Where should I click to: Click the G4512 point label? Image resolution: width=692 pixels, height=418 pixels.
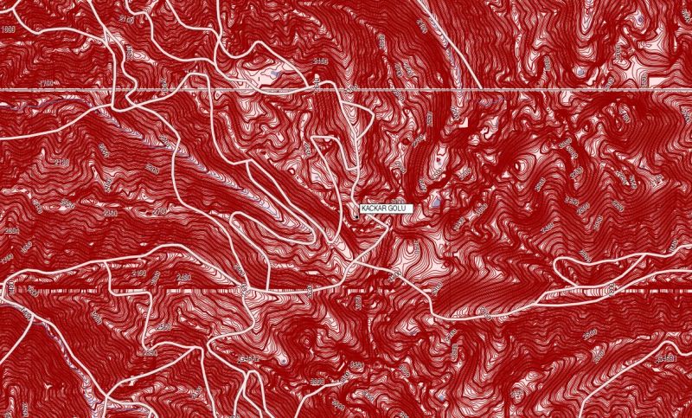point(249,357)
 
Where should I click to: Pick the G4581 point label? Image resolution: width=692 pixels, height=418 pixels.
point(666,357)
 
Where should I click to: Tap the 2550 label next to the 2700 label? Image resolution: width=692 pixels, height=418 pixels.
point(110,212)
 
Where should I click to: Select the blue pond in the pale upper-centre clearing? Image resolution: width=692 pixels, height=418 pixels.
point(275,76)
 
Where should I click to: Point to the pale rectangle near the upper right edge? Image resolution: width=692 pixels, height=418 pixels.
point(657,81)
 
